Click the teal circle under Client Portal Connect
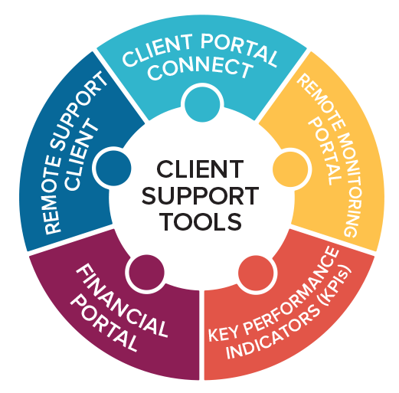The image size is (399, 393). tap(202, 104)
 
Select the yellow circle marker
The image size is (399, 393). tap(290, 169)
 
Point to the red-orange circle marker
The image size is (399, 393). tap(256, 273)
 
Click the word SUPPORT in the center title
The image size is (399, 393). tap(200, 195)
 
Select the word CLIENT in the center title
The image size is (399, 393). tap(200, 169)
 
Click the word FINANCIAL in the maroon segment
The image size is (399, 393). tap(122, 300)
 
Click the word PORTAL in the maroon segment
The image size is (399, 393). tap(104, 323)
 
